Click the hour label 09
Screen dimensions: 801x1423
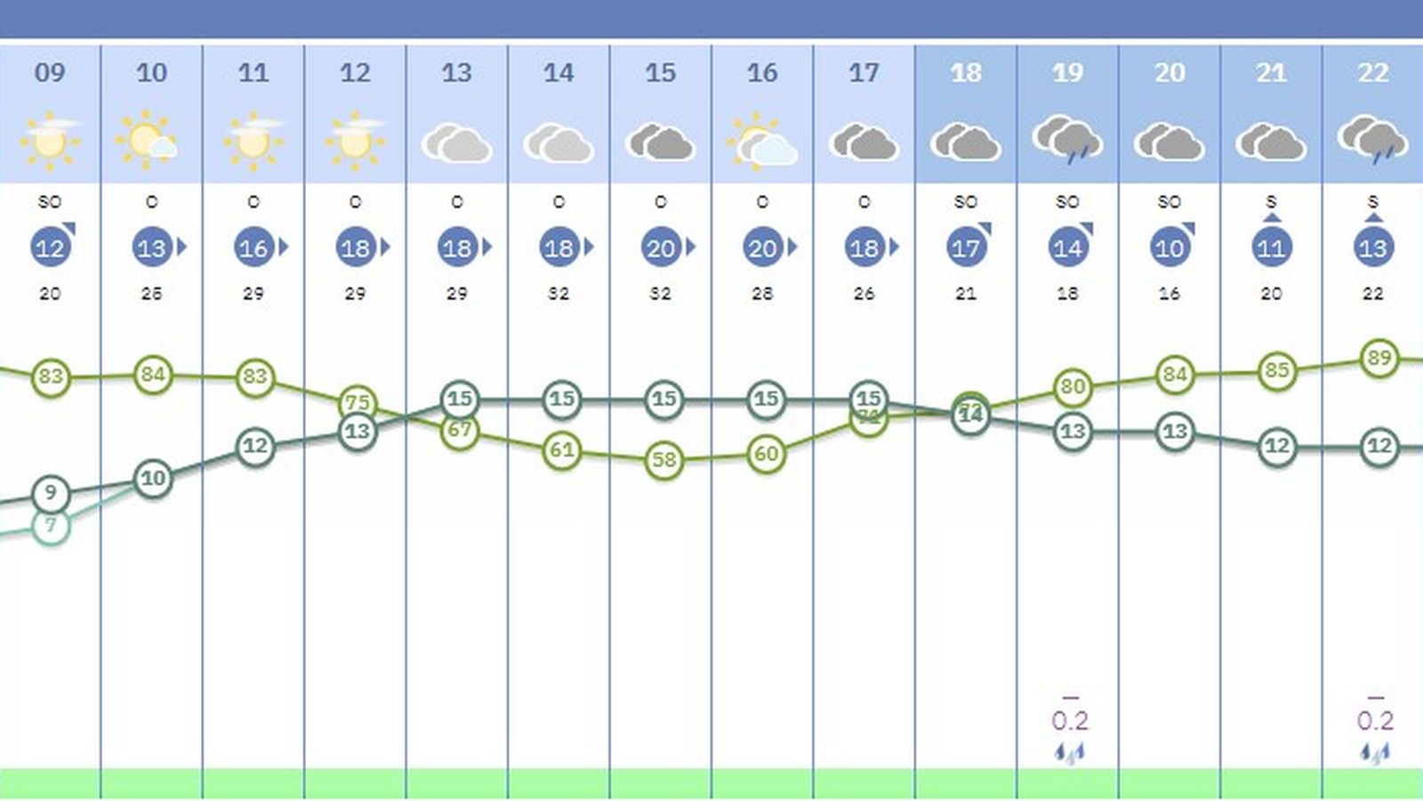(50, 73)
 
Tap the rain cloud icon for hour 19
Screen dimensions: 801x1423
(1067, 140)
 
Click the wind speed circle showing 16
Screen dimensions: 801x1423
(253, 248)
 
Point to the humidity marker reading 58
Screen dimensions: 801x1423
(663, 460)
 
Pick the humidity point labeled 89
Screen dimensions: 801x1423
(1379, 359)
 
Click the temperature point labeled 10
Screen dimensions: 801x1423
(153, 479)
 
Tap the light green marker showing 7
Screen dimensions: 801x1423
(51, 526)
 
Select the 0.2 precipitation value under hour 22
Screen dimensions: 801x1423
(1375, 720)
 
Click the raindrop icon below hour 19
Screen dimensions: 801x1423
(1070, 753)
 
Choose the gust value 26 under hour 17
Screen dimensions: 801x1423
(864, 294)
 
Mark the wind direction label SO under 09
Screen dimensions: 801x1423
(50, 203)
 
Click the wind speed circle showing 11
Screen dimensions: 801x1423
(1271, 248)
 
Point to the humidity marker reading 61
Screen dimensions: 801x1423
(561, 450)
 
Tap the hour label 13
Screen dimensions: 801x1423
(456, 73)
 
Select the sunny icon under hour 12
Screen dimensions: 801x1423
(355, 141)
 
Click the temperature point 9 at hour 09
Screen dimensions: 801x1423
(51, 492)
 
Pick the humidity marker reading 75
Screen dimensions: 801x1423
(358, 402)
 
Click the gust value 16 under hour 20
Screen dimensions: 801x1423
(1169, 294)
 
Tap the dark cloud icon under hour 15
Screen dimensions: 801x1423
(660, 142)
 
